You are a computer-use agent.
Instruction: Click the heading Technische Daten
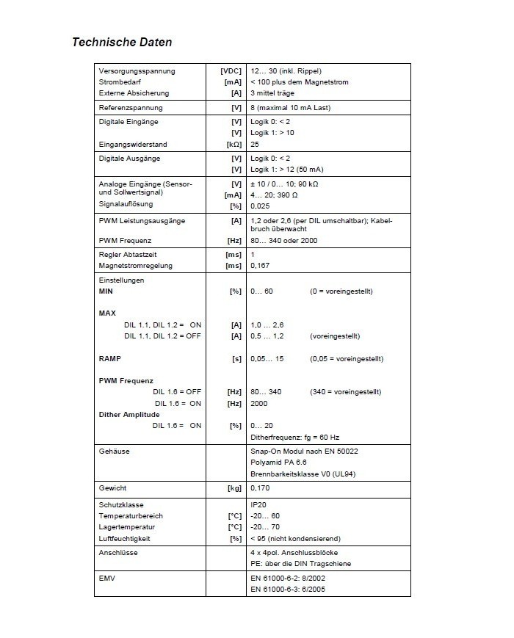pyautogui.click(x=122, y=42)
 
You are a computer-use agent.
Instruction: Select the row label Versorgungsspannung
pyautogui.click(x=137, y=71)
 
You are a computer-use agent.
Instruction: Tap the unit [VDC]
pyautogui.click(x=231, y=71)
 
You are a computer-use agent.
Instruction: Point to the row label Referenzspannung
pyautogui.click(x=130, y=108)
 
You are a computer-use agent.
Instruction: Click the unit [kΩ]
pyautogui.click(x=234, y=145)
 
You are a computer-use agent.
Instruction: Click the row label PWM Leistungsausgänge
pyautogui.click(x=142, y=220)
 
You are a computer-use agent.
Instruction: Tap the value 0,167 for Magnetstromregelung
pyautogui.click(x=260, y=265)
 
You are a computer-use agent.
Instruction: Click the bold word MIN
pyautogui.click(x=106, y=291)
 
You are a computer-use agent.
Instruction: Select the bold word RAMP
pyautogui.click(x=109, y=359)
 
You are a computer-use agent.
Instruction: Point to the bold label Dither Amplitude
pyautogui.click(x=129, y=415)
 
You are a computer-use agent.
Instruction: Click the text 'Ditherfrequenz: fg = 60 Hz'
pyautogui.click(x=295, y=437)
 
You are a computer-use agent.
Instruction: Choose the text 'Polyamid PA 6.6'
pyautogui.click(x=278, y=463)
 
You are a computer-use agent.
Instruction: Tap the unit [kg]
pyautogui.click(x=233, y=487)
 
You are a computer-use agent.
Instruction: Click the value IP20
pyautogui.click(x=258, y=505)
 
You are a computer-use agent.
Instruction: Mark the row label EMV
pyautogui.click(x=107, y=578)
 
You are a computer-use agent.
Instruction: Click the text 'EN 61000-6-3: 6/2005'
pyautogui.click(x=288, y=589)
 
